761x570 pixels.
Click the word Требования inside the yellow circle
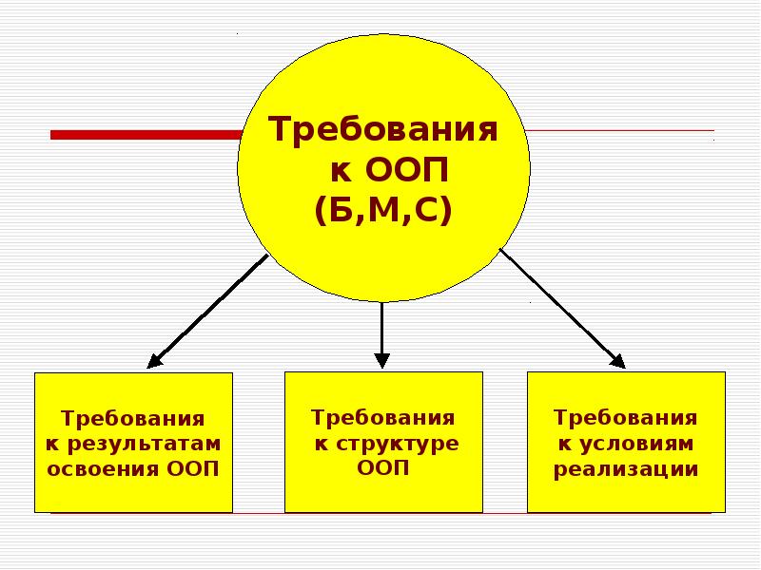coord(383,130)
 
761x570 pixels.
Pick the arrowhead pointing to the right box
coord(616,360)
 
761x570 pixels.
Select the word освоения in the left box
coord(104,468)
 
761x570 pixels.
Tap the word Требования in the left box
coord(133,419)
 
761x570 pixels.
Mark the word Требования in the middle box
coord(382,418)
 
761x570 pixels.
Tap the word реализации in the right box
coord(626,468)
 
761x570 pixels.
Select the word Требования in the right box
coord(626,418)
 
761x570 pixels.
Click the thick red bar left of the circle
coord(143,135)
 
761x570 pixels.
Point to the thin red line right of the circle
coord(618,130)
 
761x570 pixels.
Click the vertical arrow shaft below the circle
coord(381,328)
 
